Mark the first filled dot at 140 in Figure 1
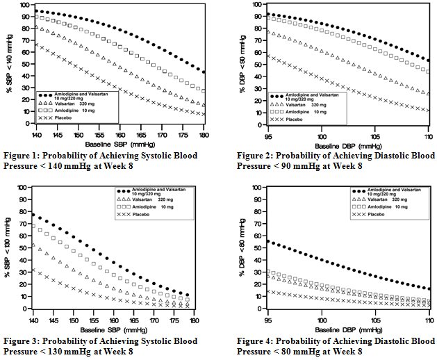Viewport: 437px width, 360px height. tap(37, 10)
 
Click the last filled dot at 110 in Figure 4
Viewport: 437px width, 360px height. tap(429, 288)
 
